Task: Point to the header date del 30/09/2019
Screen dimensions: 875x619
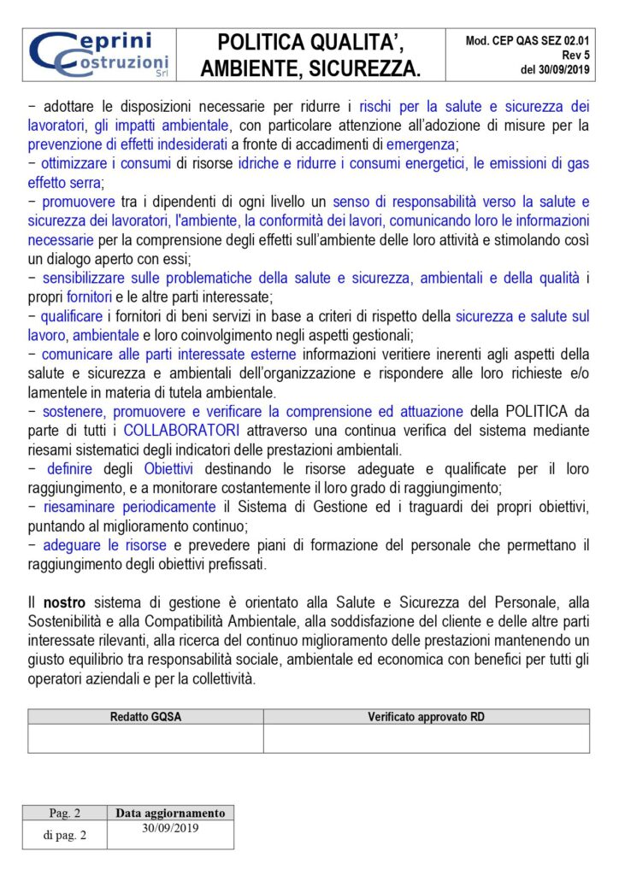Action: tap(555, 69)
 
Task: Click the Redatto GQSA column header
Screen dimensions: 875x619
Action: tap(145, 717)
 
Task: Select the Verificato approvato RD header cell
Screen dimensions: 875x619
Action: tap(426, 717)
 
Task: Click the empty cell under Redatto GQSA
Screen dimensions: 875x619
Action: tap(145, 738)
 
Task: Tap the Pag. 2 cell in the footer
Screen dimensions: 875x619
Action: tap(66, 813)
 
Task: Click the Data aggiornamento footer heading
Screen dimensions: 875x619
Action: tap(170, 813)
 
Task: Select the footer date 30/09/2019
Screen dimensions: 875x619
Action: tap(170, 827)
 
